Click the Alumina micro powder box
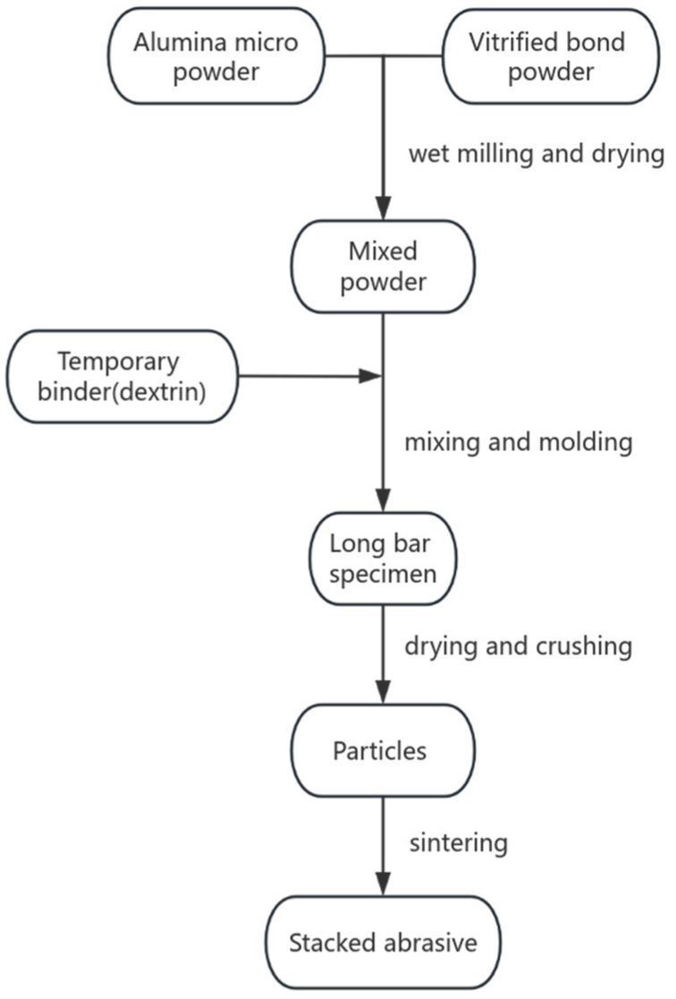pyautogui.click(x=217, y=55)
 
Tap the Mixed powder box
pyautogui.click(x=383, y=265)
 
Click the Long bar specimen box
pyautogui.click(x=383, y=559)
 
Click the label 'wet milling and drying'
pyautogui.click(x=537, y=155)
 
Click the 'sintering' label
pyautogui.click(x=459, y=842)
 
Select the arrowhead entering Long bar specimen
pyautogui.click(x=383, y=501)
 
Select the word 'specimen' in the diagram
pyautogui.click(x=383, y=573)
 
